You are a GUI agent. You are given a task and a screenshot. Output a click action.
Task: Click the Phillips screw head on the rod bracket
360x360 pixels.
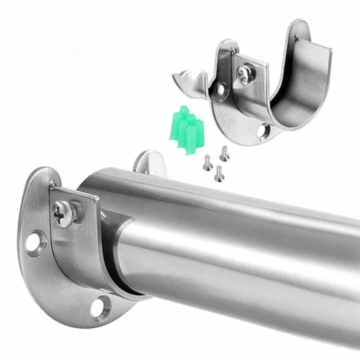[x=64, y=213]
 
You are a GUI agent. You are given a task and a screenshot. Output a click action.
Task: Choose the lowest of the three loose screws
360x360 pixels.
[x=218, y=173]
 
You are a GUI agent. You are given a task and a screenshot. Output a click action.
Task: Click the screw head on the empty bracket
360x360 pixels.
[x=244, y=74]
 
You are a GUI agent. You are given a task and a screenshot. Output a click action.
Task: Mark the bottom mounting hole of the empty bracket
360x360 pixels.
[x=263, y=131]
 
